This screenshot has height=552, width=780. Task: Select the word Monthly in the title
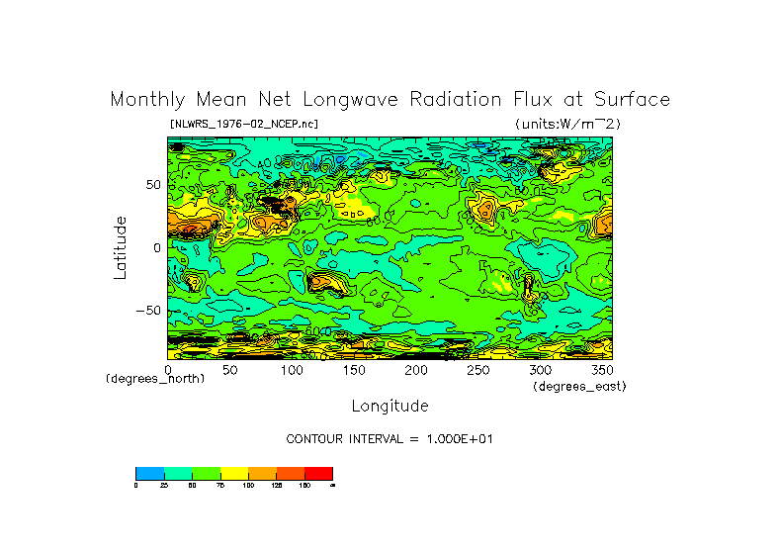point(146,100)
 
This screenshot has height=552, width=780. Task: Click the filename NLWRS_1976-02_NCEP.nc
point(243,125)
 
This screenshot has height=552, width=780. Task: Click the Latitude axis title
point(121,247)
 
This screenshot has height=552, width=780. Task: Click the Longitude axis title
point(390,406)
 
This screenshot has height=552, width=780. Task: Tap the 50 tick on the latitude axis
point(152,185)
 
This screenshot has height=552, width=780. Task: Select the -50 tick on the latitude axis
point(149,311)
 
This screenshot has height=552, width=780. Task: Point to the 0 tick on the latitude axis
point(156,248)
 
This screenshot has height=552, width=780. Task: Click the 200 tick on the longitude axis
point(416,369)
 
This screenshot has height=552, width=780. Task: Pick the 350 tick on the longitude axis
point(602,369)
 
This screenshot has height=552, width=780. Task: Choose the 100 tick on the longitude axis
point(292,369)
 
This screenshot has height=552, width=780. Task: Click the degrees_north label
point(155,379)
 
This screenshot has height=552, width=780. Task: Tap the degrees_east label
point(578,387)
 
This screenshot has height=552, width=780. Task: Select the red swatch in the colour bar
point(318,473)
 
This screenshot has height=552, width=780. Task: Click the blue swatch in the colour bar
point(149,473)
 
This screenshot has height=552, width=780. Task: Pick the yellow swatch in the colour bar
point(234,473)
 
